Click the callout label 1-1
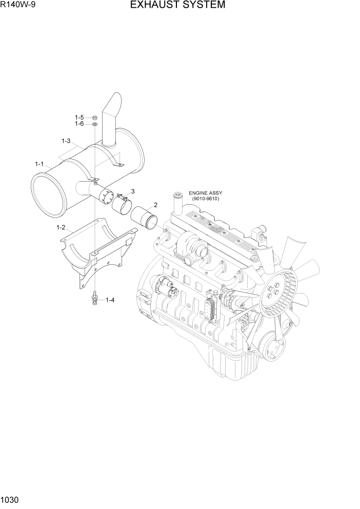[x=39, y=164]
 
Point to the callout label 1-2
[x=61, y=227]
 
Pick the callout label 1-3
[x=66, y=141]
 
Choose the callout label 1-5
[x=79, y=118]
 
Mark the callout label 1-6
[x=79, y=124]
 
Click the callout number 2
[x=155, y=205]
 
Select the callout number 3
[x=133, y=191]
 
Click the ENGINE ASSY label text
[x=205, y=193]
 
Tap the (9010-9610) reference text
[x=205, y=199]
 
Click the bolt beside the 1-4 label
[x=95, y=298]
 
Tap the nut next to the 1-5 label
[x=95, y=118]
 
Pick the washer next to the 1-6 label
[x=95, y=124]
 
